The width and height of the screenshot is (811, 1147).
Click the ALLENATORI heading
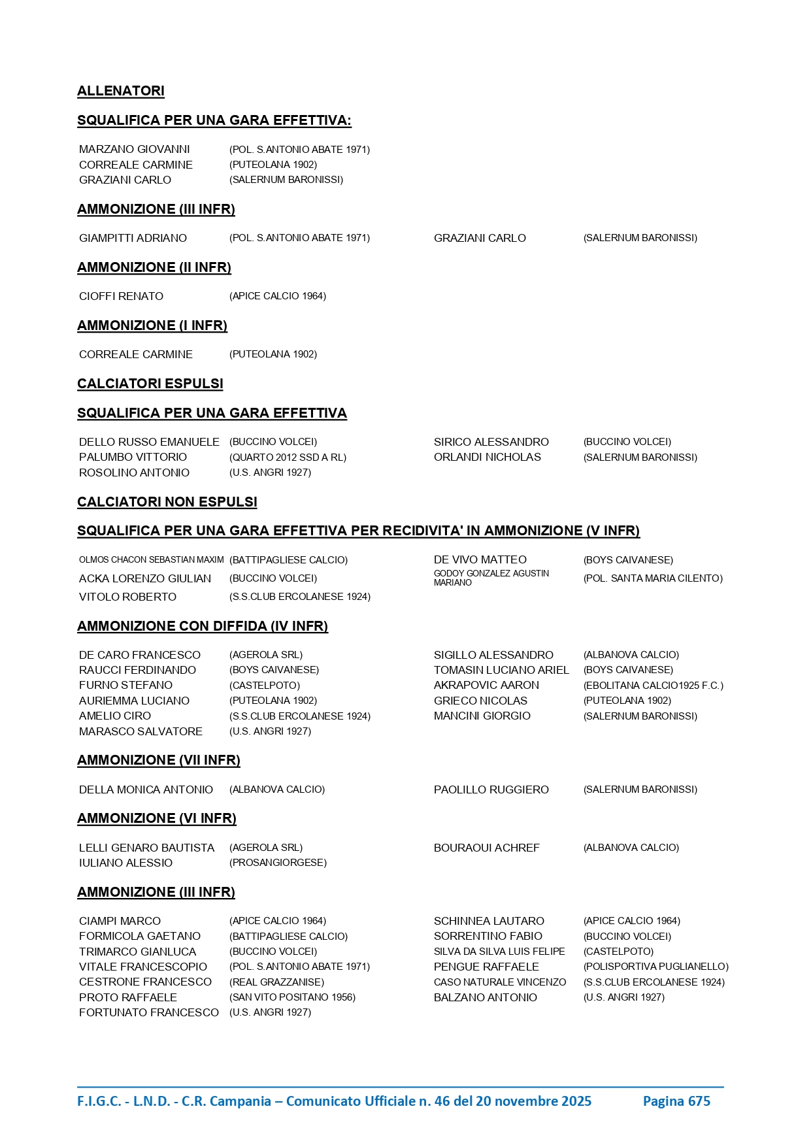pos(121,91)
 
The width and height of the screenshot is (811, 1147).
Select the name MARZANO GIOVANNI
pos(135,150)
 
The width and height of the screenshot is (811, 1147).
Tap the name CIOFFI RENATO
pos(121,296)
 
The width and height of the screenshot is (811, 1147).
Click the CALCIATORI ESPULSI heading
pos(150,384)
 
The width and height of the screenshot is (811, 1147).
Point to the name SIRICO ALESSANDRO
pos(491,442)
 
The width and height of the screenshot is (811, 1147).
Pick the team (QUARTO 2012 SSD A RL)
pos(288,457)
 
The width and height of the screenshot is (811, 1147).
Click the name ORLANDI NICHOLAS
pos(487,457)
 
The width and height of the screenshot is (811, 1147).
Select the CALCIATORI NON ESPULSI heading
pos(167,502)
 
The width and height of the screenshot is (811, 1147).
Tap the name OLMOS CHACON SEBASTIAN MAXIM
pos(151,560)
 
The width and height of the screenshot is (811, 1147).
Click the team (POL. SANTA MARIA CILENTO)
pos(652,578)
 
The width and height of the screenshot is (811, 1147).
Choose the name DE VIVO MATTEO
pos(480,559)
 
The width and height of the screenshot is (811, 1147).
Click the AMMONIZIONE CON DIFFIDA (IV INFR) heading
pos(203,626)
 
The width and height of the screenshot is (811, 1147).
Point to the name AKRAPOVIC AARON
pos(486,685)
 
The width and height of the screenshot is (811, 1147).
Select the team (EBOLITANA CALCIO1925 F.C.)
pos(653,686)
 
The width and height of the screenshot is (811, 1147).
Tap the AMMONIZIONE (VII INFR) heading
pos(159,760)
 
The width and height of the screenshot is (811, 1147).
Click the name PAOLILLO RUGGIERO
pos(491,790)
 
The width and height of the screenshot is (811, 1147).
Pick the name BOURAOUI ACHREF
pos(486,848)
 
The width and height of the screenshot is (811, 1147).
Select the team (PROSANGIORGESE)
pos(278,863)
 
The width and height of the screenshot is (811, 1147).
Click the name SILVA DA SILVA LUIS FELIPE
pos(499,952)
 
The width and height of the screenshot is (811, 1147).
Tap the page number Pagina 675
pos(676,1101)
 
